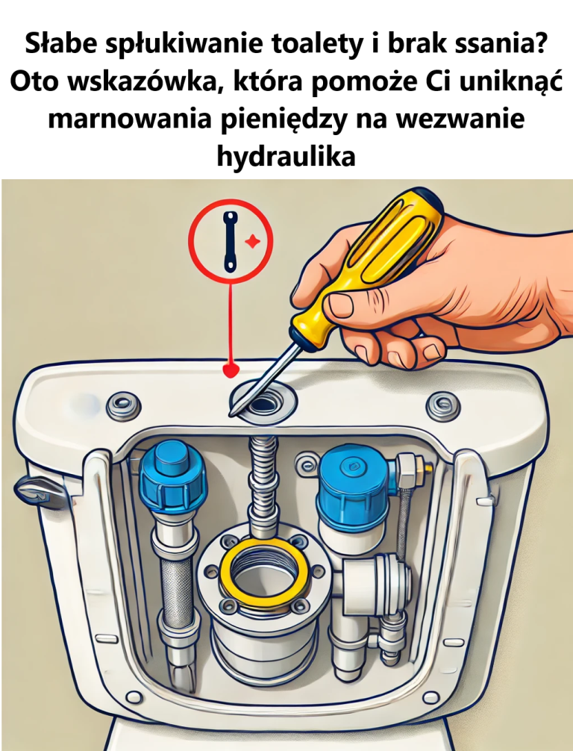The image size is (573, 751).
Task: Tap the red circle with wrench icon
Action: click(x=230, y=241)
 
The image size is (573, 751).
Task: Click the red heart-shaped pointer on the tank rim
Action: click(x=231, y=370)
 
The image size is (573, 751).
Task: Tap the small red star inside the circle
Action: click(x=251, y=241)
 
